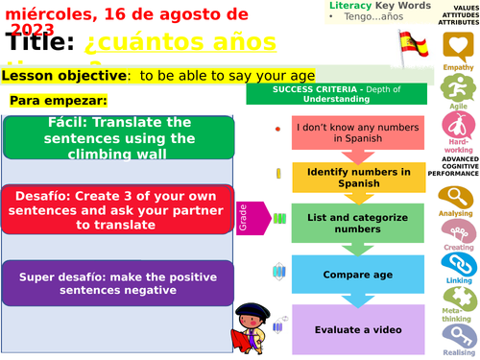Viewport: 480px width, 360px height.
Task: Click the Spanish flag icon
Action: pyautogui.click(x=412, y=44)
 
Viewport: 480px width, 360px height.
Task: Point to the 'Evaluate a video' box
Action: pyautogui.click(x=346, y=329)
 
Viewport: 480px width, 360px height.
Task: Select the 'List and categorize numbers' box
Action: pyautogui.click(x=346, y=224)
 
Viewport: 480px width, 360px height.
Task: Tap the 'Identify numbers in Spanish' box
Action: pyautogui.click(x=346, y=177)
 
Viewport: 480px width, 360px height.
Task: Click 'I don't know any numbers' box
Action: pyautogui.click(x=346, y=132)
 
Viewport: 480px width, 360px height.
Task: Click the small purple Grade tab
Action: pyautogui.click(x=243, y=215)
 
